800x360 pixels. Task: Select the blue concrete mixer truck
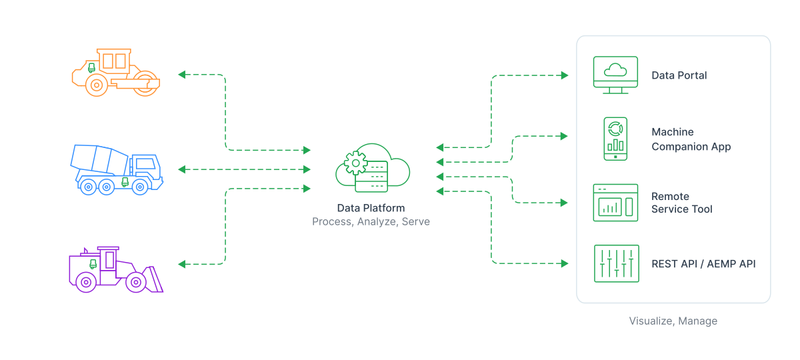pos(117,169)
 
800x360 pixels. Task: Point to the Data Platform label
pos(371,208)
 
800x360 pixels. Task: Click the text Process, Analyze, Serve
pos(371,221)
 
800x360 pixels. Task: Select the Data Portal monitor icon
pos(615,75)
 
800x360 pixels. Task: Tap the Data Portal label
pos(679,75)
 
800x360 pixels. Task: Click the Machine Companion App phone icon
pos(615,139)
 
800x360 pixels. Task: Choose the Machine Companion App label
pos(691,139)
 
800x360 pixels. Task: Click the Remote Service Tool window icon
pos(615,203)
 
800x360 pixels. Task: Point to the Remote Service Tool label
pos(681,203)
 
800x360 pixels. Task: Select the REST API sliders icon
pos(616,263)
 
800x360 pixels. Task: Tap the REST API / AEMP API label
pos(703,264)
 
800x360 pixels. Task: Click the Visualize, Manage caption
pos(673,321)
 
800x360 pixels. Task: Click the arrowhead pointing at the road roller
pos(181,75)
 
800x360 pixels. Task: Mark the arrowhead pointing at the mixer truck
pos(181,169)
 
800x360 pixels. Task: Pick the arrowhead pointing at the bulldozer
pos(181,264)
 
